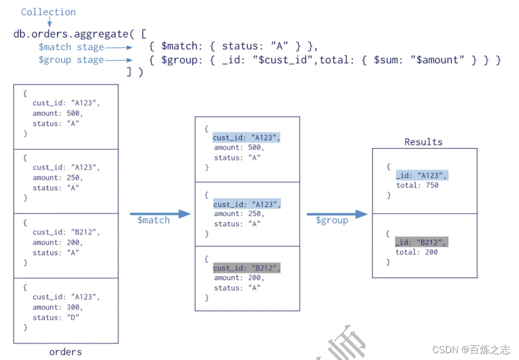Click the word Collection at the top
(x=48, y=12)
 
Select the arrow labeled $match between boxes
(x=160, y=214)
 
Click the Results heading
(x=423, y=142)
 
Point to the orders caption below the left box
(x=66, y=352)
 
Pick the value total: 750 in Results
(x=417, y=185)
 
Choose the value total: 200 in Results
(x=417, y=252)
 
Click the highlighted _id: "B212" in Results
(x=422, y=242)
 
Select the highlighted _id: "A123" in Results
(x=422, y=175)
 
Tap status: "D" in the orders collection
(x=56, y=317)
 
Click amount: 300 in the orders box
(x=58, y=307)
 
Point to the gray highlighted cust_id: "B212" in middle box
(x=247, y=268)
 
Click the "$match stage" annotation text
(x=71, y=47)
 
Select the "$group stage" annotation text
(x=71, y=60)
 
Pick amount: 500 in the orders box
(x=58, y=113)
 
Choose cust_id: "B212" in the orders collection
(x=66, y=232)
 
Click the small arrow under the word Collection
(x=50, y=22)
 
